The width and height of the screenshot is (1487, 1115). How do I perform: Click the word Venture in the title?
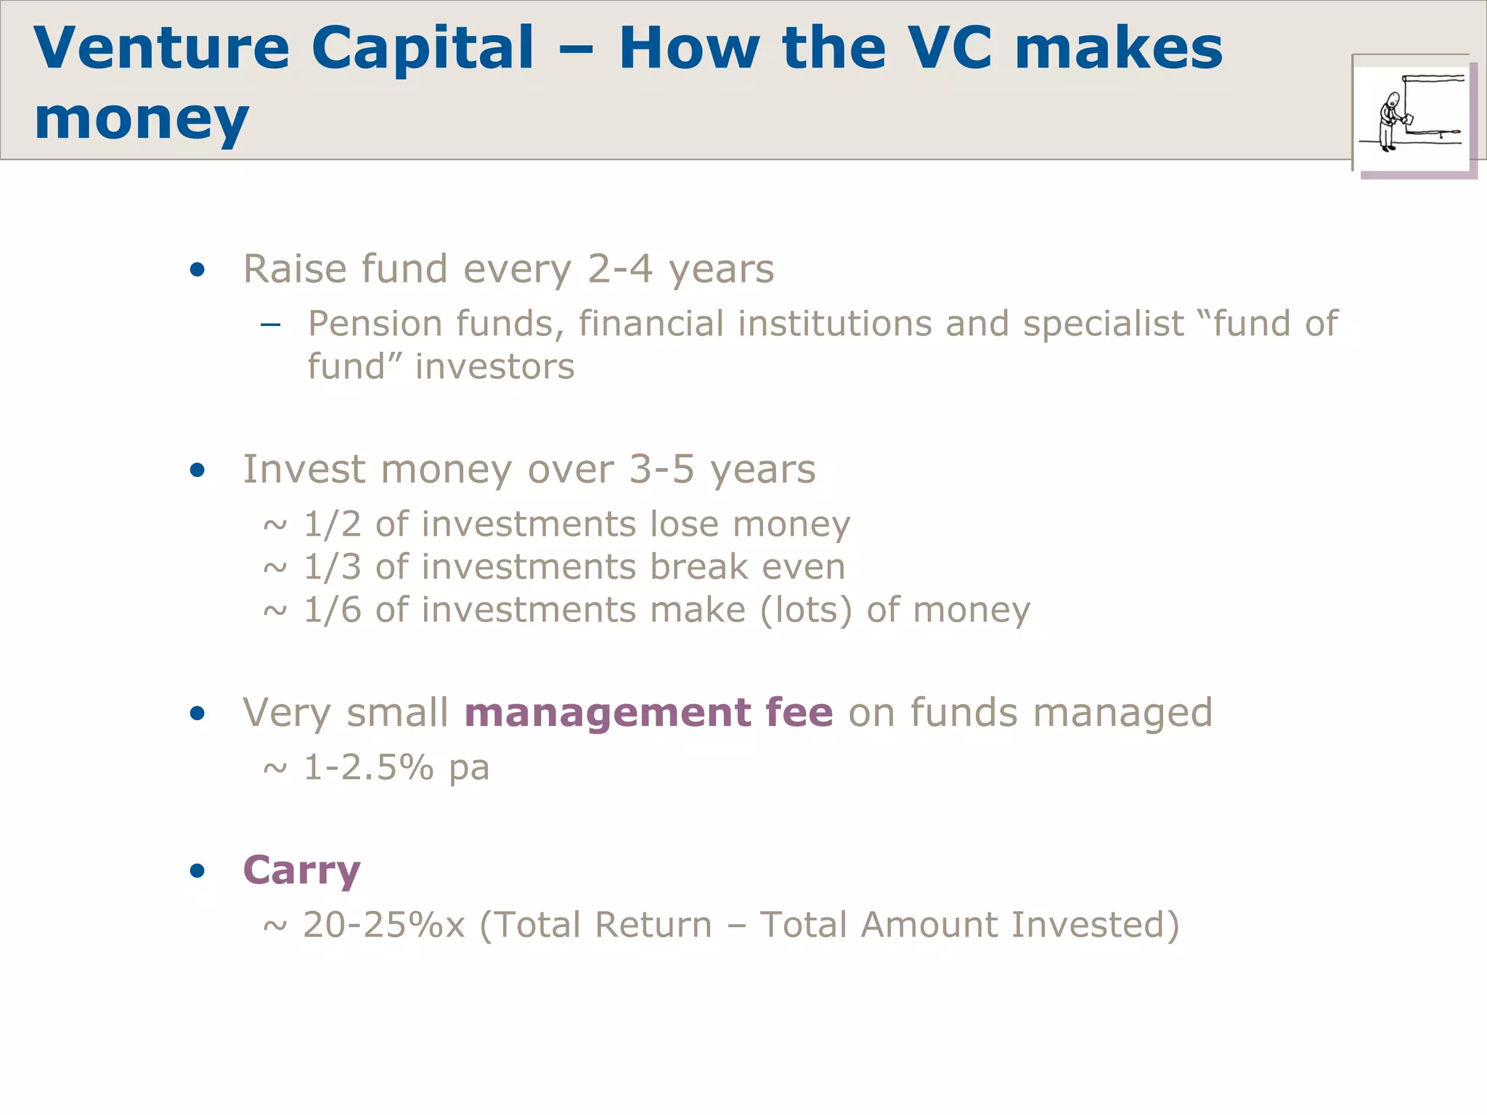[161, 48]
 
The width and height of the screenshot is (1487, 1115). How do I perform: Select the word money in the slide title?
[142, 118]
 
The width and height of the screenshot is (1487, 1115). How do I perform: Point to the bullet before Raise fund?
[197, 270]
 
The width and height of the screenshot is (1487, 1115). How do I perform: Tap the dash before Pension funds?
[270, 324]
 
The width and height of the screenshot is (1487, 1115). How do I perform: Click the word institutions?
[834, 324]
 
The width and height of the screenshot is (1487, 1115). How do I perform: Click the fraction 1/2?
[332, 524]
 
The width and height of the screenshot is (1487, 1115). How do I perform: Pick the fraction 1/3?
[332, 567]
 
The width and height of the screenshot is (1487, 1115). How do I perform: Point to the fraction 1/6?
[332, 610]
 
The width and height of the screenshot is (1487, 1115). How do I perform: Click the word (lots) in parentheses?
[806, 610]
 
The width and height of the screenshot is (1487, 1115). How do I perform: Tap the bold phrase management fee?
[648, 712]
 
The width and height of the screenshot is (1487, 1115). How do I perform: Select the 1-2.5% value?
[368, 767]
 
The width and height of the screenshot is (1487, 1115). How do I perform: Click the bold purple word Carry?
[301, 870]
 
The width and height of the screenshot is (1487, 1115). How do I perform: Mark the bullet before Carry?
[197, 870]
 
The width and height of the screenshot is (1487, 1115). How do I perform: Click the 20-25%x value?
[383, 925]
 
